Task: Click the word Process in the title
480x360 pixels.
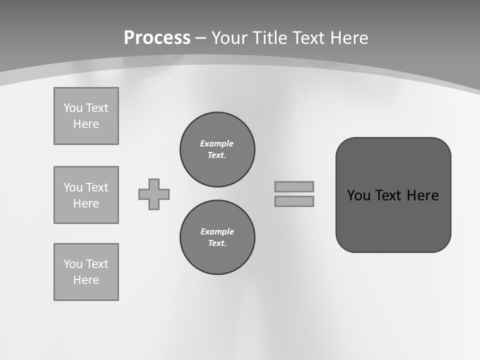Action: (157, 38)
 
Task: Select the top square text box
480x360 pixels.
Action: (86, 116)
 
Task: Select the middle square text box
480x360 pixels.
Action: (86, 195)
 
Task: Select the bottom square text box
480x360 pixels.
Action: (86, 272)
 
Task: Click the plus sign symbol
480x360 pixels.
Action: (154, 194)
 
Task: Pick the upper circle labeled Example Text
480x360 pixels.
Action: (217, 149)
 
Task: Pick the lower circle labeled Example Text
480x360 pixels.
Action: (217, 237)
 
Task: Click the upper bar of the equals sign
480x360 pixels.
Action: (294, 186)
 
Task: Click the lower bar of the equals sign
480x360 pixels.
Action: (294, 201)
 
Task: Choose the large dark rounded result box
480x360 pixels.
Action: (393, 194)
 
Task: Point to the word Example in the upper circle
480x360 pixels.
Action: (217, 143)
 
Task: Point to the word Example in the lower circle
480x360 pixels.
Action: (217, 231)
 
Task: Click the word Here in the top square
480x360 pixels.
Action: (86, 124)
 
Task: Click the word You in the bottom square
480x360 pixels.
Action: (73, 264)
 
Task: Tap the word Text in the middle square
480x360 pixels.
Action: (96, 187)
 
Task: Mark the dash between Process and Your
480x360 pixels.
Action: (201, 38)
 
